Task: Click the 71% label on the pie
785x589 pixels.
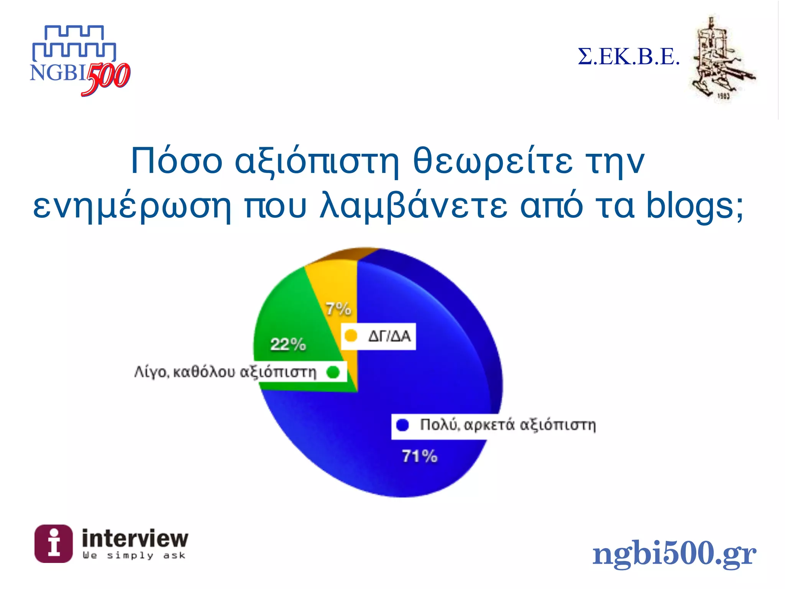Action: point(419,456)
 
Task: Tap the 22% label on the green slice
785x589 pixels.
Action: point(288,344)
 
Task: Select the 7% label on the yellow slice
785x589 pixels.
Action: point(338,309)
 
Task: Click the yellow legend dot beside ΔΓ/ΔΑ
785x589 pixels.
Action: point(351,336)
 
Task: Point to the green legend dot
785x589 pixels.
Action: point(333,372)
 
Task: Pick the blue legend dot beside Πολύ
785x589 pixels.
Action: point(402,425)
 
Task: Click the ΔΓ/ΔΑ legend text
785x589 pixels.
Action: point(389,336)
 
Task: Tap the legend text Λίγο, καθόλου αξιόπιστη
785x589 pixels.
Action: point(225,372)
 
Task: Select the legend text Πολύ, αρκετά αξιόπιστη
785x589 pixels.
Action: point(508,425)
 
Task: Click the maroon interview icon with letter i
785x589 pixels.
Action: point(53,543)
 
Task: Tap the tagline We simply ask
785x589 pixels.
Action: point(134,556)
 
